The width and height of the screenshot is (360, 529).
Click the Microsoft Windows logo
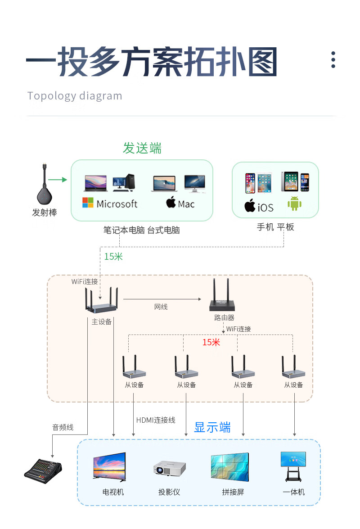[x=88, y=203]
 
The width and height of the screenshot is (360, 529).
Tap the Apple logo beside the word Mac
[x=171, y=202]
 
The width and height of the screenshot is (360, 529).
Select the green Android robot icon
[x=294, y=203]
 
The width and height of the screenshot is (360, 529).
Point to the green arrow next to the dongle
[x=57, y=180]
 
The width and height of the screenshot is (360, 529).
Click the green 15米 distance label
[x=113, y=257]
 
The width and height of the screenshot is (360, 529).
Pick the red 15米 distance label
[x=211, y=342]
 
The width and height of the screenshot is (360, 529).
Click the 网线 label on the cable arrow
[x=161, y=307]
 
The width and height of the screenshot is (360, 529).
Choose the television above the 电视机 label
[x=109, y=466]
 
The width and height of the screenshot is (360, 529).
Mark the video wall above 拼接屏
[x=229, y=466]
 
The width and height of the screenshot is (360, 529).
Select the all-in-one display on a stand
[x=293, y=466]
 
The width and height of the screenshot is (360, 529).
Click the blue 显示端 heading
[x=212, y=427]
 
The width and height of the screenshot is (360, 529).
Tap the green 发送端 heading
[x=142, y=148]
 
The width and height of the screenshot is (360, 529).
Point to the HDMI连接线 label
[x=156, y=420]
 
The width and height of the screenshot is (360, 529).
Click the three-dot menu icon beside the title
[x=333, y=60]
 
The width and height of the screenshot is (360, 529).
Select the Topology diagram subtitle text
[x=75, y=96]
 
